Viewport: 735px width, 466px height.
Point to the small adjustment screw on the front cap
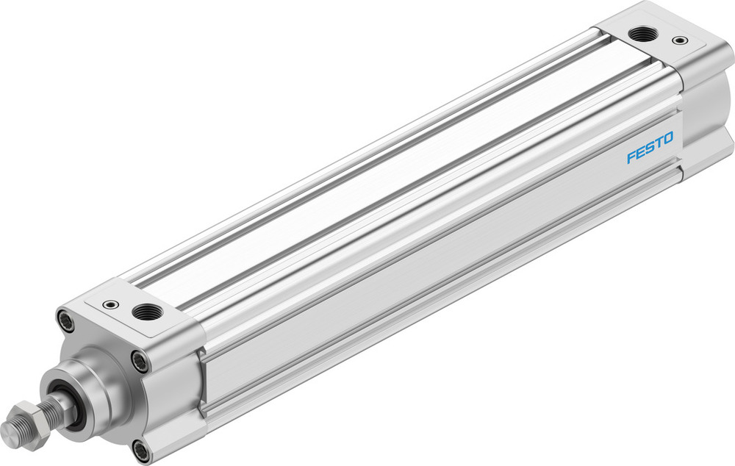pyautogui.click(x=110, y=304)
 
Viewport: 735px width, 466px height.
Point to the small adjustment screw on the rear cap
pyautogui.click(x=681, y=40)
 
